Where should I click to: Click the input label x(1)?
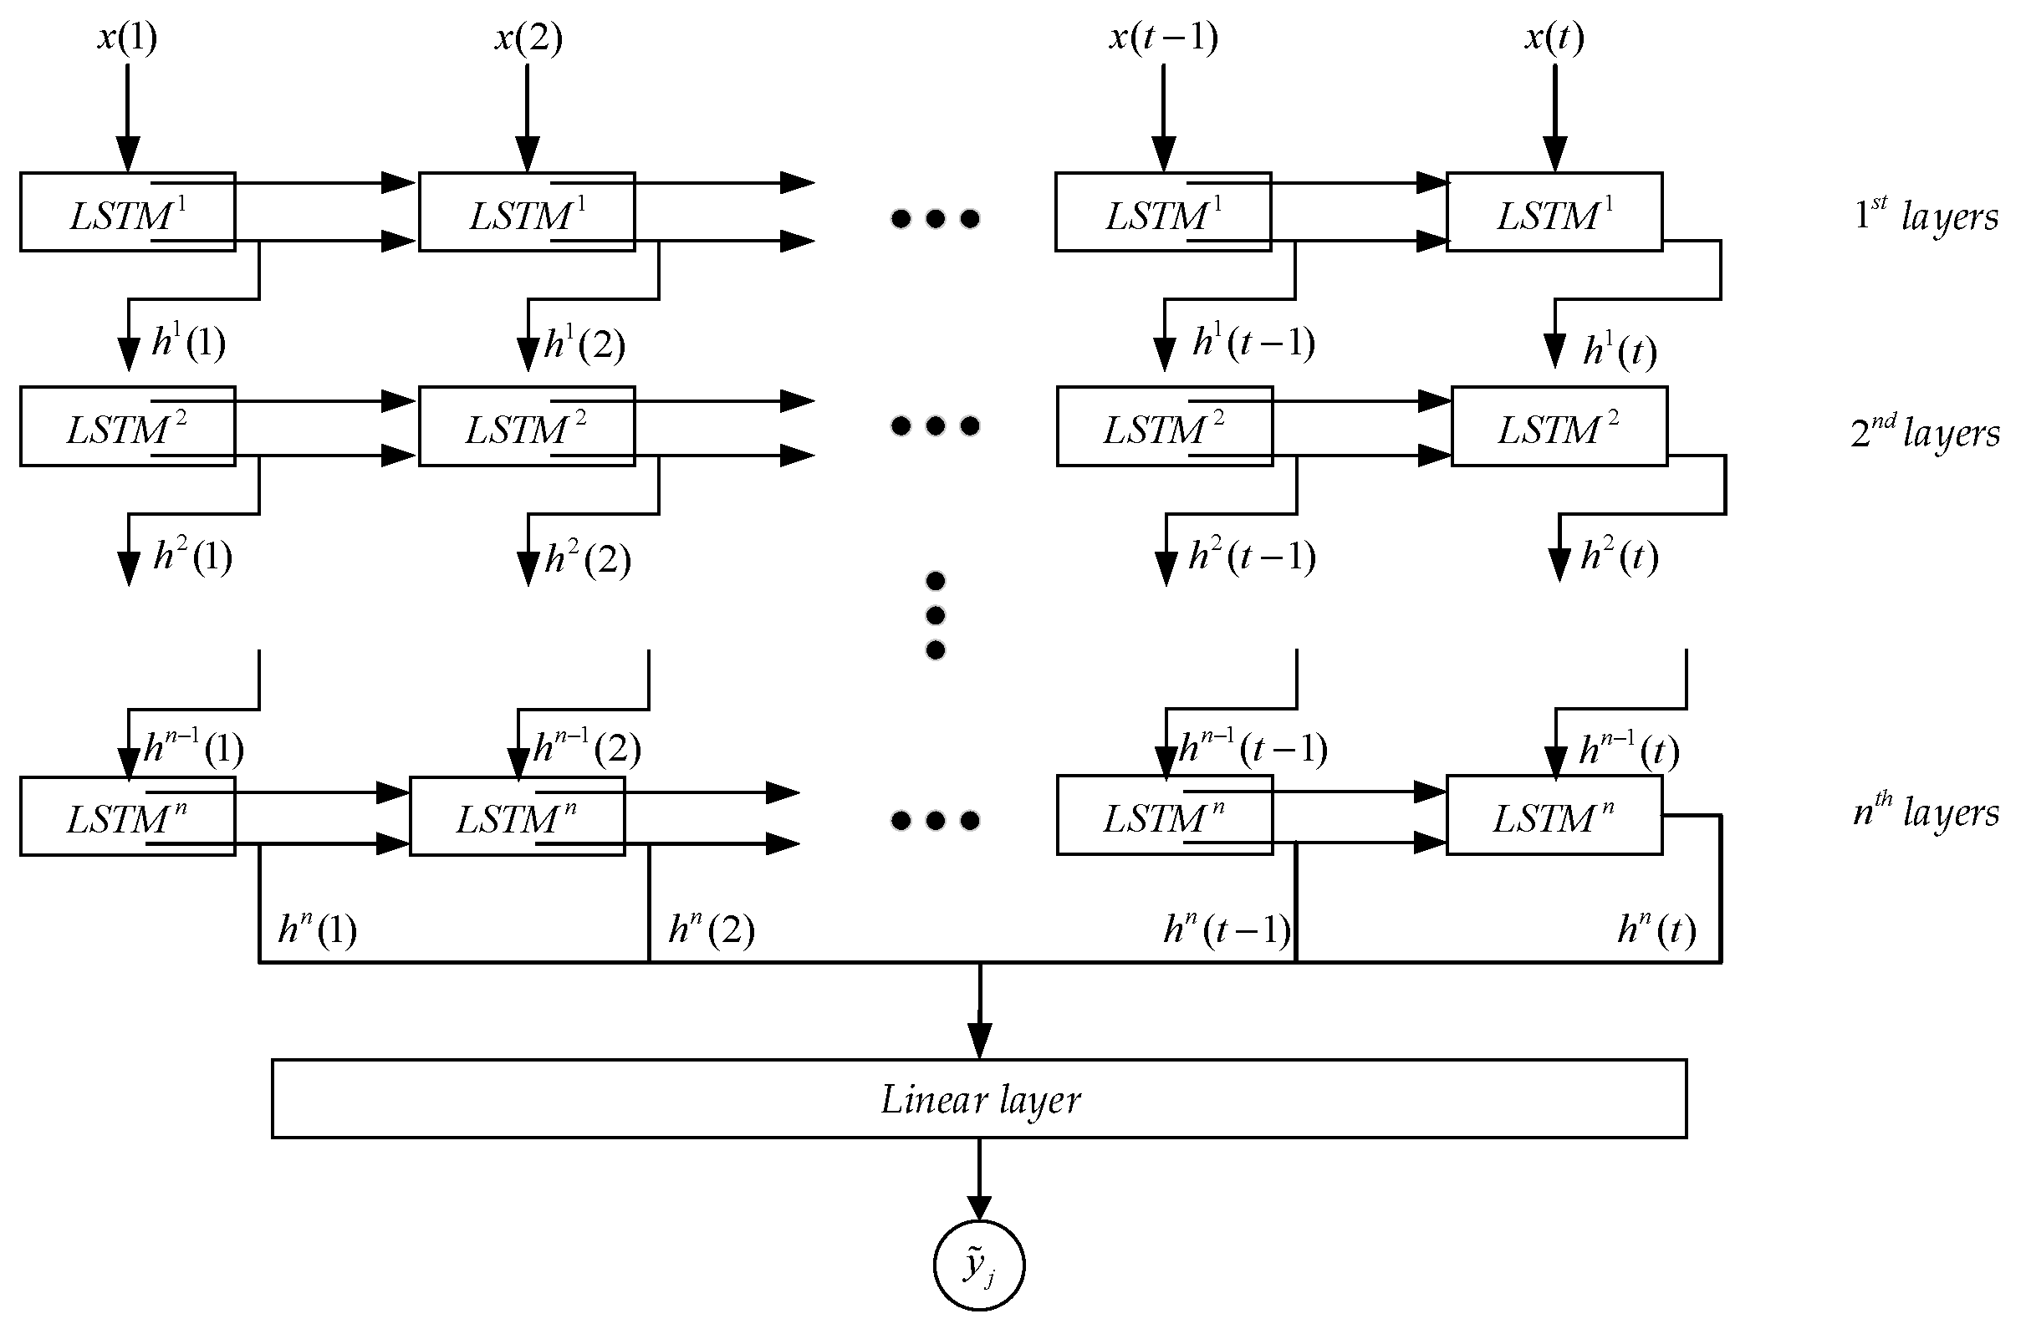(127, 38)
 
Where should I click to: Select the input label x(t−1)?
(1163, 38)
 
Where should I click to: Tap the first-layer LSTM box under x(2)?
(526, 211)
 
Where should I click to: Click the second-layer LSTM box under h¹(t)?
(1558, 426)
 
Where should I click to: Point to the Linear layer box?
(979, 1098)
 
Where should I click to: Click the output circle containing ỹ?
(979, 1265)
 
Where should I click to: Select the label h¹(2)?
(584, 344)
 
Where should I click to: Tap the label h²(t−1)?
(1252, 558)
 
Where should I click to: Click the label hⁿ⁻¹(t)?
(1629, 750)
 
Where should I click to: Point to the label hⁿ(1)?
(317, 929)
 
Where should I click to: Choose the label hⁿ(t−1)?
(1226, 929)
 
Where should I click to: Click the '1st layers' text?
(1926, 215)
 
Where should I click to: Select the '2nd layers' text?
(1926, 431)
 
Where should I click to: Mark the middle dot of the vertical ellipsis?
(935, 615)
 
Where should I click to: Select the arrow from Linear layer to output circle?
(979, 1178)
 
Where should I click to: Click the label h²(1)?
(192, 558)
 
